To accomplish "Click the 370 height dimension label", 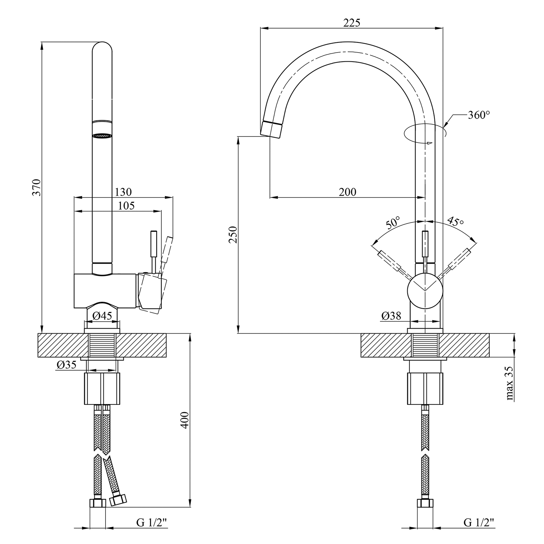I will (x=37, y=187).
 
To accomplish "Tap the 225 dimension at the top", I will (x=352, y=23).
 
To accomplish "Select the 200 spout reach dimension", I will (x=347, y=192).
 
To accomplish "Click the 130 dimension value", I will (x=123, y=191).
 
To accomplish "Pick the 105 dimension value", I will (x=127, y=206).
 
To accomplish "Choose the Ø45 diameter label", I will (x=102, y=316).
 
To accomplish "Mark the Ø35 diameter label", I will (x=67, y=365).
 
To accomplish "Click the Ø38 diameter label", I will (x=391, y=316).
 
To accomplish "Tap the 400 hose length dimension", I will (x=185, y=420).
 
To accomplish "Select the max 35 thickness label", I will (x=510, y=383).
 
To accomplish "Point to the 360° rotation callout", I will (x=479, y=115).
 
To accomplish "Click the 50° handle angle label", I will (x=392, y=223).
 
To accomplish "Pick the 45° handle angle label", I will (x=456, y=221).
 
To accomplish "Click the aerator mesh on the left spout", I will (x=102, y=136).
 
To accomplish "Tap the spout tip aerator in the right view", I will (x=271, y=129).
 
